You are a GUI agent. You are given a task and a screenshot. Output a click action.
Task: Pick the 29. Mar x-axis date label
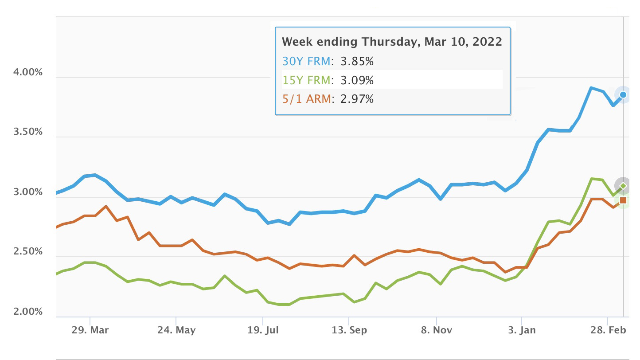tap(91, 330)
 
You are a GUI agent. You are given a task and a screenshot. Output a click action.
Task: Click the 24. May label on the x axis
tap(176, 330)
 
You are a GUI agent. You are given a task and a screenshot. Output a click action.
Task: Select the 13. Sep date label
tap(349, 330)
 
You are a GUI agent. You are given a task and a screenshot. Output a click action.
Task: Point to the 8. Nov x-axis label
tap(436, 330)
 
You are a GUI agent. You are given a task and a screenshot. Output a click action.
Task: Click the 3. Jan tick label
tap(522, 330)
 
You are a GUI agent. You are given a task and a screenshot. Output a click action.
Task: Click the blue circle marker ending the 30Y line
tap(623, 94)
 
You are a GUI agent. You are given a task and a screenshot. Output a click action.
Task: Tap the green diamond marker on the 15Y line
tap(623, 186)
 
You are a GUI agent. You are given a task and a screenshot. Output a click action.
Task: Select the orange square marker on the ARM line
tap(623, 200)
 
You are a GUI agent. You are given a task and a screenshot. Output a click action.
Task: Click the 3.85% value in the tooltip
tap(357, 61)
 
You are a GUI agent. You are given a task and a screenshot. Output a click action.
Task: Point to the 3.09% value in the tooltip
tap(357, 80)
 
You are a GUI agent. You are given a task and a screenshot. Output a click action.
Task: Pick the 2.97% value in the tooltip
tap(357, 99)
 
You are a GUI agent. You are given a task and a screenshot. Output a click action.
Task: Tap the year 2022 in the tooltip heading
tap(487, 42)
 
